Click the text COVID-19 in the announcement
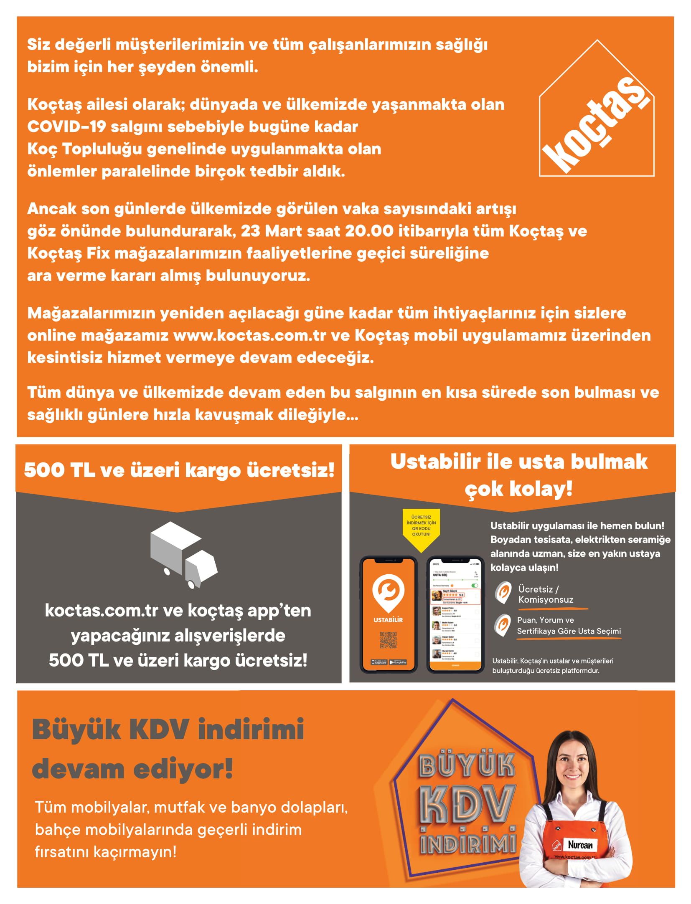coord(66,127)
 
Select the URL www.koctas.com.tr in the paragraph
coord(249,336)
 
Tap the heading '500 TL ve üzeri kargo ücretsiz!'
coord(179,470)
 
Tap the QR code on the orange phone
coord(388,640)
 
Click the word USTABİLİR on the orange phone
coord(388,620)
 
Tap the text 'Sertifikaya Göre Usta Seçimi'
coord(569,631)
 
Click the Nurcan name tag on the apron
coord(579,845)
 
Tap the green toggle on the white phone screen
coord(474,585)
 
